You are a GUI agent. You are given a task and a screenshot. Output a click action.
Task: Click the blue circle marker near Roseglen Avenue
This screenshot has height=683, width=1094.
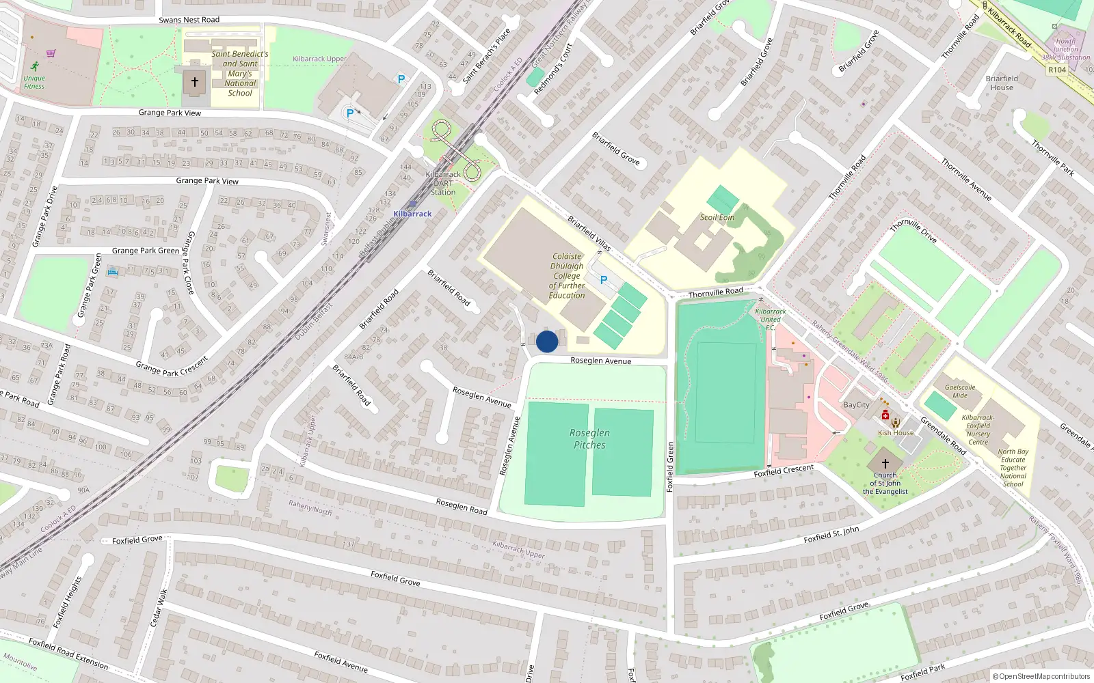547,341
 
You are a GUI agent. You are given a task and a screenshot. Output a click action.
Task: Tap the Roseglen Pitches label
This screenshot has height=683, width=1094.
589,439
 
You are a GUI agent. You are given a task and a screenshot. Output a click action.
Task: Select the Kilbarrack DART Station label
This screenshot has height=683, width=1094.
443,183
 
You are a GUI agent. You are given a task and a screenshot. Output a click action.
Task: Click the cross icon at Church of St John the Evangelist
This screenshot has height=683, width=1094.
885,463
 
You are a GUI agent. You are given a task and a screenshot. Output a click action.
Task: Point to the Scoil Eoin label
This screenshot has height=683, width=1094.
717,217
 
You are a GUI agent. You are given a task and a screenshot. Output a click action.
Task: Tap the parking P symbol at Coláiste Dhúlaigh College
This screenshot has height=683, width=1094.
603,280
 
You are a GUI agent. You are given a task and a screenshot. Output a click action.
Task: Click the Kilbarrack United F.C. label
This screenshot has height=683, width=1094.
770,319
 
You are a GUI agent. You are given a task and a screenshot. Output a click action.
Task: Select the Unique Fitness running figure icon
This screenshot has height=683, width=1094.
34,66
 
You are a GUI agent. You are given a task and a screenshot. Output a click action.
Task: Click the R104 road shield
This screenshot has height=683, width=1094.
1057,70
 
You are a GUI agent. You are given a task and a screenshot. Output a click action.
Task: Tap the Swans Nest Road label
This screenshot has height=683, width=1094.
189,20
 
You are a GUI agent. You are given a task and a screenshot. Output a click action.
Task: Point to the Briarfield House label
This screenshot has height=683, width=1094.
1002,83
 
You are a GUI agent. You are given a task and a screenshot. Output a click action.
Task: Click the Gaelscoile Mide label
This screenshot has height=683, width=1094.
960,391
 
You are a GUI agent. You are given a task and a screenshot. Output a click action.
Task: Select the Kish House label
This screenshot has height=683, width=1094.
896,433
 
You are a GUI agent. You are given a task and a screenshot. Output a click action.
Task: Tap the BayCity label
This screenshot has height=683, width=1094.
856,405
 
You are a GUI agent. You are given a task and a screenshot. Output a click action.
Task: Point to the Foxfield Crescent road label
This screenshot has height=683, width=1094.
784,471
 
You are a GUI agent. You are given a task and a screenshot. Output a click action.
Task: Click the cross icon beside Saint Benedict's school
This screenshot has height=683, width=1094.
194,82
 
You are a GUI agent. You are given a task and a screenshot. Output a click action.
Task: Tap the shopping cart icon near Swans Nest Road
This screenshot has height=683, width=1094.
51,53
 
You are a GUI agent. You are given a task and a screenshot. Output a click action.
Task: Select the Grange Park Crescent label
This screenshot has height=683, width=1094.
171,367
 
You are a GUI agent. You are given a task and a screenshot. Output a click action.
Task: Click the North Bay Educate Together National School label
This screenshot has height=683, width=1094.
1013,468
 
